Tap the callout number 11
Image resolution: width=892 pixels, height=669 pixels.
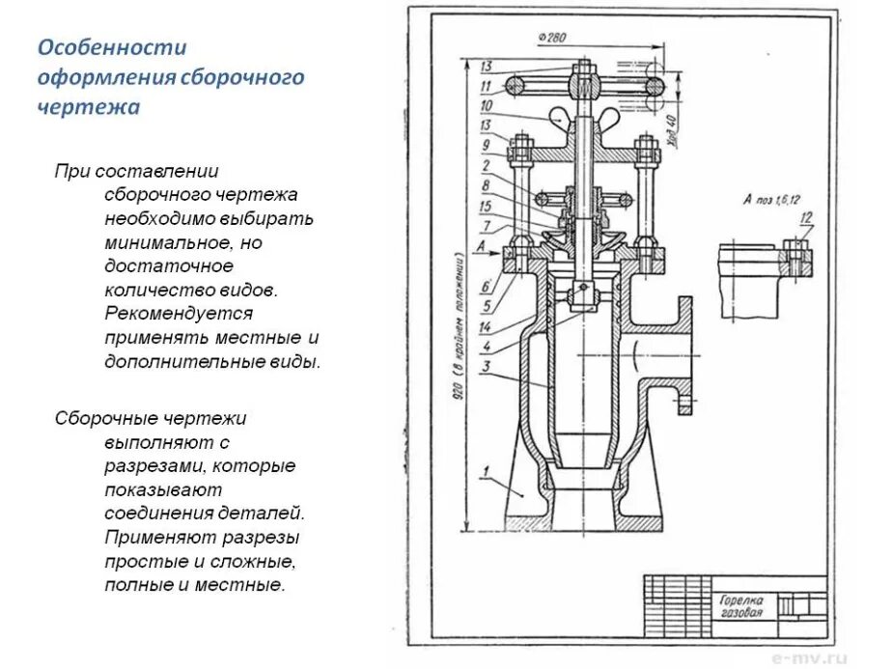coord(486,86)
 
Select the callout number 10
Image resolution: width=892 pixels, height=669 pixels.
coord(486,105)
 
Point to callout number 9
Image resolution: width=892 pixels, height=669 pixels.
coord(486,145)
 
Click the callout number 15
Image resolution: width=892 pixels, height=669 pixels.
coord(486,205)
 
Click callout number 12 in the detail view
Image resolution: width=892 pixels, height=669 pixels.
coord(807,215)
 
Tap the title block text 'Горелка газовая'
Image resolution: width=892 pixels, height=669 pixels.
coord(740,605)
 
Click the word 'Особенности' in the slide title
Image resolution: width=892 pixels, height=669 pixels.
coord(111,47)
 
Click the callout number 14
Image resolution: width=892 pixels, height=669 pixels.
coord(486,327)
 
